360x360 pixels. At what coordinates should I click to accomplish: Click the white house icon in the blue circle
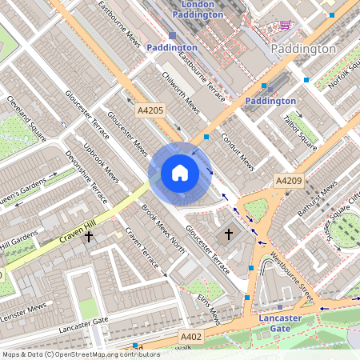[180, 173]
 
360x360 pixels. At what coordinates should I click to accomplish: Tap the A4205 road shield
[150, 110]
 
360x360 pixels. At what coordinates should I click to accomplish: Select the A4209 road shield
[289, 182]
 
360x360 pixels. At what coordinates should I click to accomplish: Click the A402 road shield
[191, 337]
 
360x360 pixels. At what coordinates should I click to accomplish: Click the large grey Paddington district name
[303, 49]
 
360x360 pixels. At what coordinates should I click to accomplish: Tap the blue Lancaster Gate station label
[280, 322]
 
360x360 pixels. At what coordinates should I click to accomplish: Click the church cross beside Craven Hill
[88, 237]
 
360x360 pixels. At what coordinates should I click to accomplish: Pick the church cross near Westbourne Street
[229, 234]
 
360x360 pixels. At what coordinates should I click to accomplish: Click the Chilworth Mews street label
[180, 90]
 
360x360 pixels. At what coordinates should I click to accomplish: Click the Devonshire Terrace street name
[86, 176]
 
